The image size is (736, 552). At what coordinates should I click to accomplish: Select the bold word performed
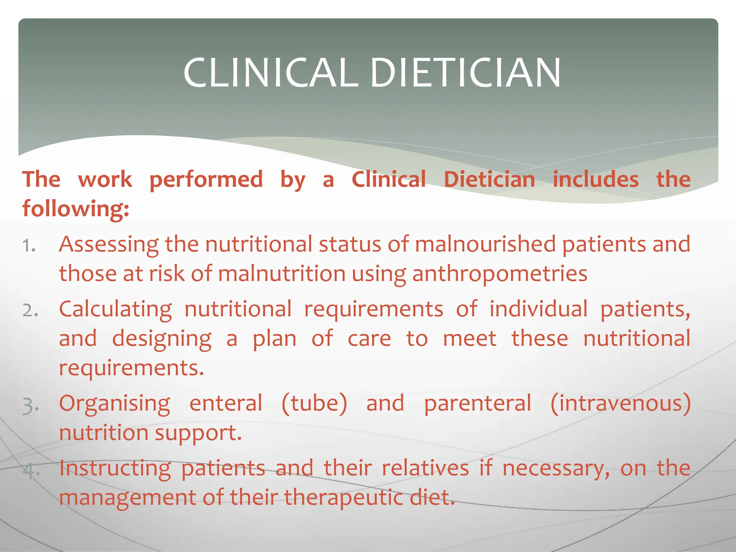[206, 180]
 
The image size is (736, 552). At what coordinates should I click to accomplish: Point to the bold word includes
[595, 180]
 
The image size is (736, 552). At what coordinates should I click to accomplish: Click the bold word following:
[76, 209]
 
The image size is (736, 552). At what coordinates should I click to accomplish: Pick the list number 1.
[29, 247]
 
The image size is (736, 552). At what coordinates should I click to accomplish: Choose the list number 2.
[30, 311]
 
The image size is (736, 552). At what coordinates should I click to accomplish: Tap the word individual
[539, 309]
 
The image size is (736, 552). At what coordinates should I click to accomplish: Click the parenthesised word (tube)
[314, 404]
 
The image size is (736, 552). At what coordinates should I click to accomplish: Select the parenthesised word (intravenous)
[621, 404]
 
